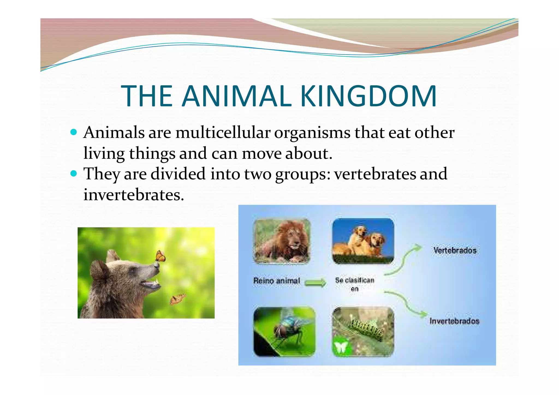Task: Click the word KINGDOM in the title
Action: [368, 96]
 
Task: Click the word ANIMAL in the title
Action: [236, 96]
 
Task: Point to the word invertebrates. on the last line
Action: [134, 195]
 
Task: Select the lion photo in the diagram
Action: [281, 241]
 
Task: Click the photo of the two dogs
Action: [363, 241]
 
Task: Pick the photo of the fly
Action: [284, 331]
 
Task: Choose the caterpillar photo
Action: [363, 331]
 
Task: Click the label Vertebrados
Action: [455, 250]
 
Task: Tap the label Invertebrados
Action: [454, 321]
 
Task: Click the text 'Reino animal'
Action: [276, 281]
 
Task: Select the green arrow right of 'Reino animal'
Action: [315, 283]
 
